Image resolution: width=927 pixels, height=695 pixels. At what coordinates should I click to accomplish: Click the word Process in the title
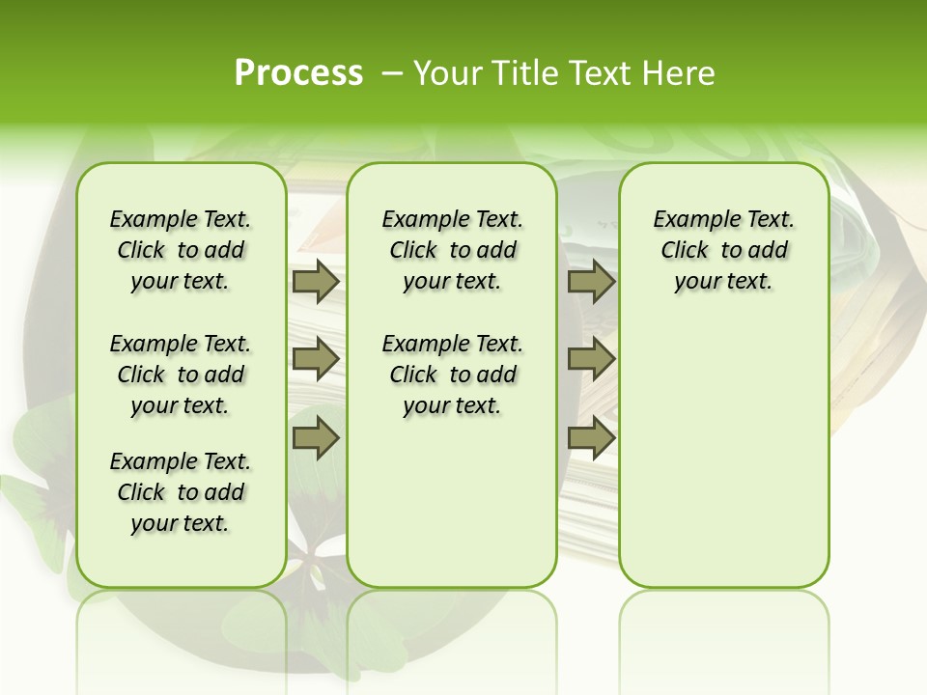pos(298,73)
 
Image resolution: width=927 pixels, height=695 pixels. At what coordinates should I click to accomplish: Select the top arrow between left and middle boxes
pos(316,282)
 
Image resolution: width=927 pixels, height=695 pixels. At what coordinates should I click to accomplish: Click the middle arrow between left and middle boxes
pos(316,360)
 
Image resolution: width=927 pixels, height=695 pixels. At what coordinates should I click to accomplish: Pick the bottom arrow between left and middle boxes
pos(316,438)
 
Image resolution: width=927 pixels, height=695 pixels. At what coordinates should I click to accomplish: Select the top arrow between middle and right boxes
pos(591,282)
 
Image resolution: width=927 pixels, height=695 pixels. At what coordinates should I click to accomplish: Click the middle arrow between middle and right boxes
pos(591,360)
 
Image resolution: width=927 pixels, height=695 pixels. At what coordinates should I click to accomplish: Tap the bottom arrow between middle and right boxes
pos(591,438)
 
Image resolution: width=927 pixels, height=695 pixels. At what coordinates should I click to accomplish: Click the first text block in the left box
pos(181,251)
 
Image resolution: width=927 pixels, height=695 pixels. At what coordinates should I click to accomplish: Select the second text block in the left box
pos(181,375)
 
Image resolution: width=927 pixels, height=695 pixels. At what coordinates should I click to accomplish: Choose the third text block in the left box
pos(181,492)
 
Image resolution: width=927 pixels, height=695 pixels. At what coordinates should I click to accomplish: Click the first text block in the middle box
pos(452,251)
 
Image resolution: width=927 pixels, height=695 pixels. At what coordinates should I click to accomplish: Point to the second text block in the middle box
pos(452,375)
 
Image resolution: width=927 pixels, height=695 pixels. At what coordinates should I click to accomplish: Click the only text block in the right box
pos(723,251)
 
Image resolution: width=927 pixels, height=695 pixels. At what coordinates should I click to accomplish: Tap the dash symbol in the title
pos(391,73)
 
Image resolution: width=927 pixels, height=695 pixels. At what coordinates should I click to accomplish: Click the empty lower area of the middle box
pos(452,502)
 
